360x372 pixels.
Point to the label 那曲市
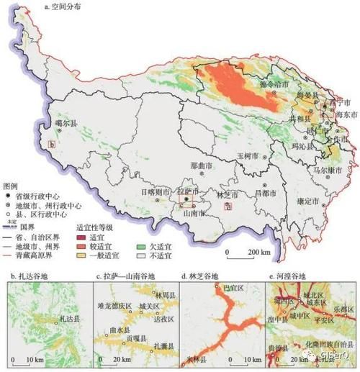tap(202, 165)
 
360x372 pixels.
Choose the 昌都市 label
tap(265, 193)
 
